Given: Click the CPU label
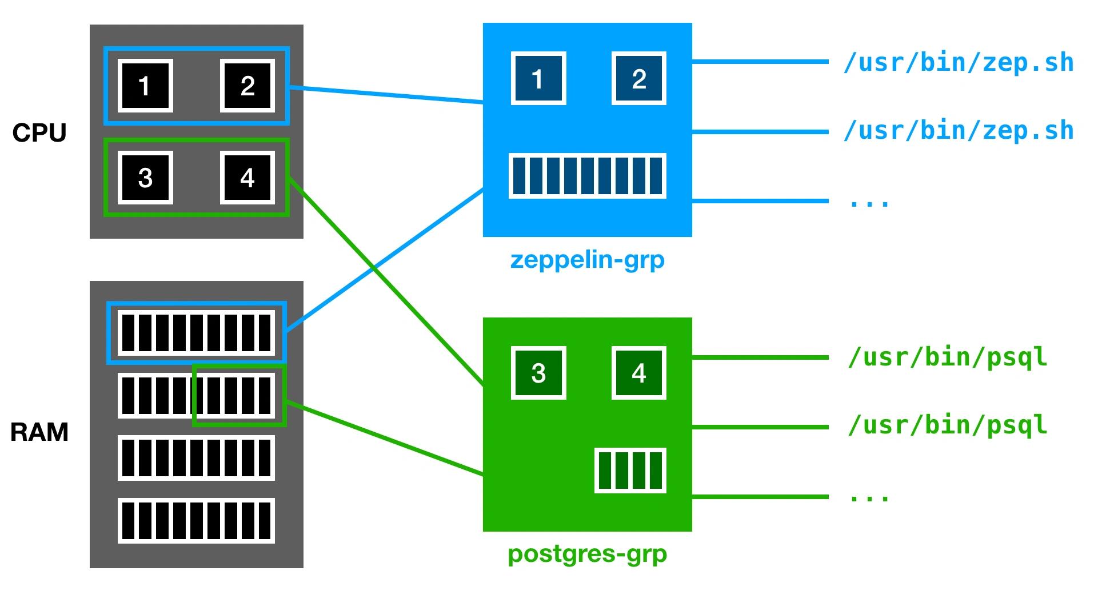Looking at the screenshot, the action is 39,133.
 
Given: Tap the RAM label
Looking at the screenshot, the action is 39,432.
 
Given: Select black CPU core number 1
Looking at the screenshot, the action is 145,86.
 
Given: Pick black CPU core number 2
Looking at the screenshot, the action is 247,86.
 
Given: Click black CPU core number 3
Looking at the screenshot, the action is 145,178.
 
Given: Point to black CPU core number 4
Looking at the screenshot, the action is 247,178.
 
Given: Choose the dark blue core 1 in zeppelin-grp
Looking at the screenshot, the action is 538,78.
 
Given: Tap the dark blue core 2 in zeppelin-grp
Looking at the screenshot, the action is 639,78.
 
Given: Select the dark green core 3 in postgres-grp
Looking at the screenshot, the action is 538,373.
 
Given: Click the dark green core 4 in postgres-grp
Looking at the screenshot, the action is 639,373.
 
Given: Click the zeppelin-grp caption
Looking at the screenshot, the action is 588,260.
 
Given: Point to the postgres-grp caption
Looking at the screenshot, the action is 588,554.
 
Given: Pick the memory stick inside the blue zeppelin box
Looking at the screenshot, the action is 588,176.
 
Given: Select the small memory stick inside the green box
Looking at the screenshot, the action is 630,470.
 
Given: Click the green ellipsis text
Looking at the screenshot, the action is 869,497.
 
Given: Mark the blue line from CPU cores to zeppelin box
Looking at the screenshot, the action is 386,95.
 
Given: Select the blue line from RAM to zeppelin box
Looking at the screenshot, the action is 385,259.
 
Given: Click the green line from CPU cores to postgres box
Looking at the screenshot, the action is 386,282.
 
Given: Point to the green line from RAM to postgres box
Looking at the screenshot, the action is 385,438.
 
